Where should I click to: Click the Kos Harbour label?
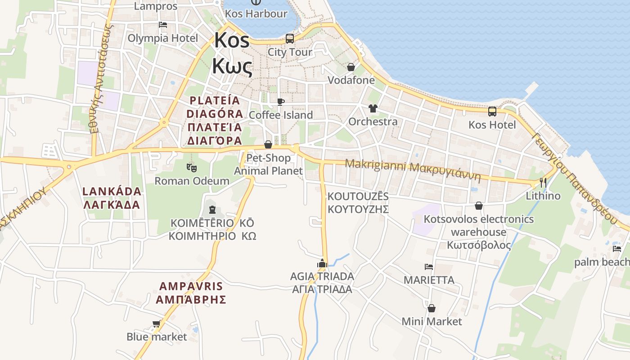256,13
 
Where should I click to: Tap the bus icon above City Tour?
290,38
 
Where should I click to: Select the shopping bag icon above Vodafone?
351,67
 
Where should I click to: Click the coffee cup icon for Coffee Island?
281,102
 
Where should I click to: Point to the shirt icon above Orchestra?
373,108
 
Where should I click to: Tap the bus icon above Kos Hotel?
492,111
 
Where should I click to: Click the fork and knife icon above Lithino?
543,183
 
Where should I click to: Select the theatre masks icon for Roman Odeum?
192,167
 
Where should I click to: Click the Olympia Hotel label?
163,38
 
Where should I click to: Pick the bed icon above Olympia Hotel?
163,24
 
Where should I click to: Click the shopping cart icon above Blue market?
156,324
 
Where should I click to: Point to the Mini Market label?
432,321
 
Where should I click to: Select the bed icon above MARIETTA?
429,266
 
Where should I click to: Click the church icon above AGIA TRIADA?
322,263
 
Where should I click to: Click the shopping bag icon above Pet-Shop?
268,144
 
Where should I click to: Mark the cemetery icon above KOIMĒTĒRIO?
212,210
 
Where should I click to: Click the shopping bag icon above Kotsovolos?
479,206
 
